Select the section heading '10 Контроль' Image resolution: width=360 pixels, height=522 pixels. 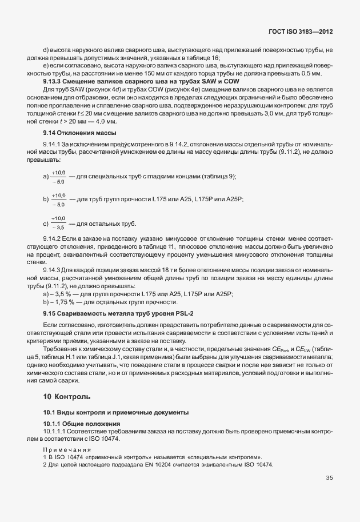tap(67, 396)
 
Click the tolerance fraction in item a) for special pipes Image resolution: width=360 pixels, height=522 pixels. tap(58, 176)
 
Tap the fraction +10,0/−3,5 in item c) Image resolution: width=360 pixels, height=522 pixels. tap(58, 222)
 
